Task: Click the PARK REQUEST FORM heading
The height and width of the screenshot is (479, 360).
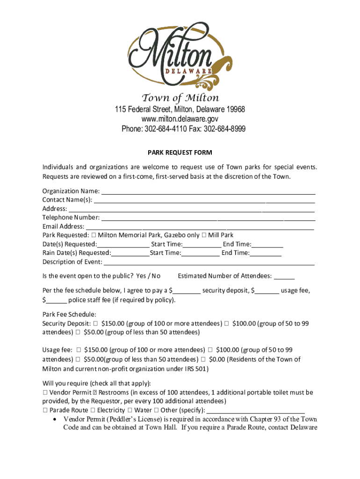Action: coord(180,152)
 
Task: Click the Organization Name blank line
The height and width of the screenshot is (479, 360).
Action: coord(208,192)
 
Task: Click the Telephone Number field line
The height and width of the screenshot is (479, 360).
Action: coord(208,218)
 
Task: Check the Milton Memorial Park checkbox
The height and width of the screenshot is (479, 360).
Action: coord(94,235)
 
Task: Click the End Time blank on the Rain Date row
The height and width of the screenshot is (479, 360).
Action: coord(266,254)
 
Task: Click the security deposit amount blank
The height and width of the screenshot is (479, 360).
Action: coord(187,291)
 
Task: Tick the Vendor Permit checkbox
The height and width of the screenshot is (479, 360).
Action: coord(45,393)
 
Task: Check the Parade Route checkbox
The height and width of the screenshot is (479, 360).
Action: coord(45,411)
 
